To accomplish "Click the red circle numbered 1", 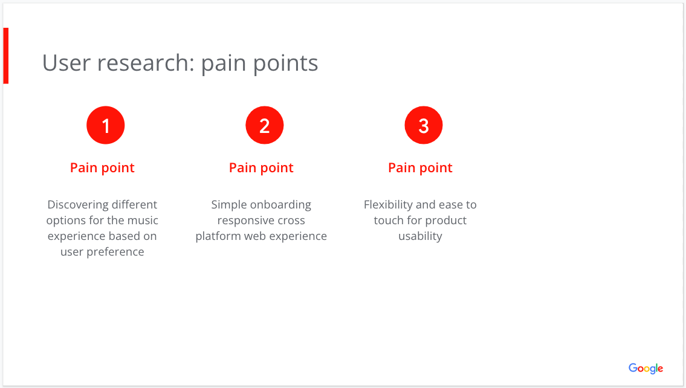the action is [x=106, y=126].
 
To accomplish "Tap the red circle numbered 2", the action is [x=265, y=126].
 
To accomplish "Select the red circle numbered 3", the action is [x=424, y=126].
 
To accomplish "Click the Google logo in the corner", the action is [x=646, y=368].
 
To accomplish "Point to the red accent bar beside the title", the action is [x=6, y=56].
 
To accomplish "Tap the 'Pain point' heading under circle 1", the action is [x=102, y=168].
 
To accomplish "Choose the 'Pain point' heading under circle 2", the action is [x=261, y=168].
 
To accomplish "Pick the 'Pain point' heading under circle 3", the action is [x=420, y=168].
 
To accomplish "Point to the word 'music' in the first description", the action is [x=143, y=221].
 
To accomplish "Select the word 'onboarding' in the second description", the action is [x=280, y=205].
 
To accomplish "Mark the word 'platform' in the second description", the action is [x=218, y=236].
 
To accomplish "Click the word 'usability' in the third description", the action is [x=420, y=236].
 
